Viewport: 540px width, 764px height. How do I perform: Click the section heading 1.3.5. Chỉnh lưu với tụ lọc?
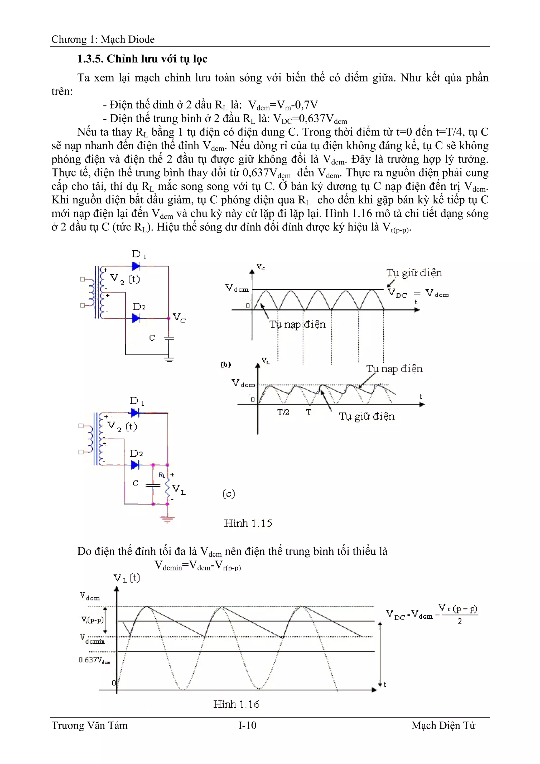click(142, 59)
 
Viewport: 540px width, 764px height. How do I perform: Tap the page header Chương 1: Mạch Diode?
click(103, 39)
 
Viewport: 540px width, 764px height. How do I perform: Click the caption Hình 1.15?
click(248, 523)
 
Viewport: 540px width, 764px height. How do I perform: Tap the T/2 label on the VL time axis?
click(283, 412)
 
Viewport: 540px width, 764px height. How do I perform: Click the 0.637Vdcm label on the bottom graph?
click(94, 660)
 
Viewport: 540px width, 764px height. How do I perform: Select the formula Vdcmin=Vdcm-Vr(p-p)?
click(198, 565)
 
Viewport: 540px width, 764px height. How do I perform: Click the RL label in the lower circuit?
click(162, 475)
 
